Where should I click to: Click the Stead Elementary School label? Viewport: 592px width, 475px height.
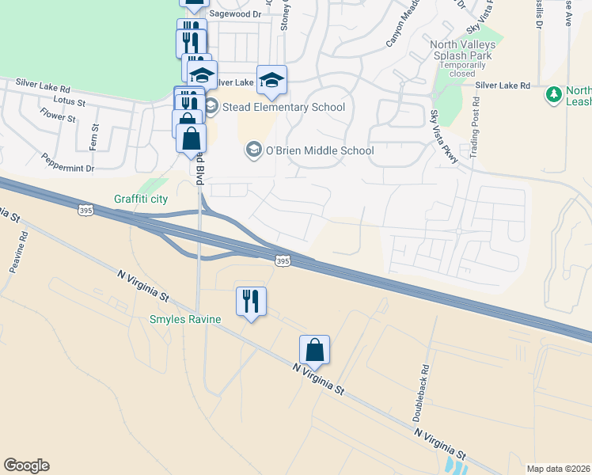pos(284,107)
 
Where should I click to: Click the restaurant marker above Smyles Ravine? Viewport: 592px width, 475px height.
pos(251,302)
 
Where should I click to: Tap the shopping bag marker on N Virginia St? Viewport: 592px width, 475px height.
pos(314,351)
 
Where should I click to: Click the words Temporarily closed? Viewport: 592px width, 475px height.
pos(463,70)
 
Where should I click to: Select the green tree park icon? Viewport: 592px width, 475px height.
pos(553,95)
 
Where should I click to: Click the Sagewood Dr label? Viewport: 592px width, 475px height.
pos(233,14)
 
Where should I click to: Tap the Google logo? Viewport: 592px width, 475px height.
pos(26,465)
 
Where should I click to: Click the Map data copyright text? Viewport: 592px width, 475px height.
pos(558,469)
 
